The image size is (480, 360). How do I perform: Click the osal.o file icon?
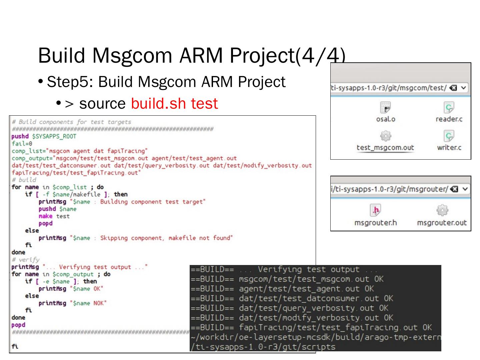(x=385, y=108)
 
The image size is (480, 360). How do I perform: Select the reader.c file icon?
(x=449, y=108)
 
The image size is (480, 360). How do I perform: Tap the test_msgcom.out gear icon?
(x=385, y=136)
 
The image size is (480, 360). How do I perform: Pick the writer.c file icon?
(x=449, y=136)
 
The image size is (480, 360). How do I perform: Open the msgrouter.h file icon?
(x=376, y=210)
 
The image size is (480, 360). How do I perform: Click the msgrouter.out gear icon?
(x=442, y=210)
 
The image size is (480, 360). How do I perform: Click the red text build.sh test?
(x=174, y=104)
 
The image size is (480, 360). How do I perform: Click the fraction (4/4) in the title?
(x=320, y=55)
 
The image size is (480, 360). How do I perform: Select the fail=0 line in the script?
(x=22, y=144)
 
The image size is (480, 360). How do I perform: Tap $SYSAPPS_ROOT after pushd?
(x=54, y=136)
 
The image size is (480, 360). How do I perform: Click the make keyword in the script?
(x=45, y=216)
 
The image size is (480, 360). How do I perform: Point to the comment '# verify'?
(x=26, y=260)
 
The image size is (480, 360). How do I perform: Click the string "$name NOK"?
(x=88, y=303)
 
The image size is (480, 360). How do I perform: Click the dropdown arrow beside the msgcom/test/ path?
(x=464, y=88)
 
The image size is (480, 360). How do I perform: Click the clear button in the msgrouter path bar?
(x=454, y=189)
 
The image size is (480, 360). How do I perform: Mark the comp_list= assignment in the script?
(x=79, y=151)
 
